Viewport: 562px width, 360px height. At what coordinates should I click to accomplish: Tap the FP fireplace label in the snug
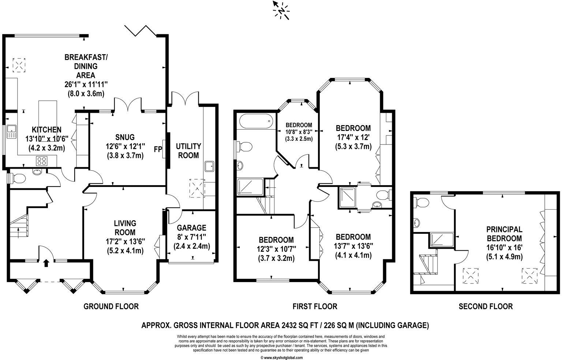158,149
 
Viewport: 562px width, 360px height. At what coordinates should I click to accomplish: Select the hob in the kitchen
42,160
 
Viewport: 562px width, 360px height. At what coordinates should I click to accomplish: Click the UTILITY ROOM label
188,151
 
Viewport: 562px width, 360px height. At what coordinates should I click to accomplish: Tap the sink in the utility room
210,166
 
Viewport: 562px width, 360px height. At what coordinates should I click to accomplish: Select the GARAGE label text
191,228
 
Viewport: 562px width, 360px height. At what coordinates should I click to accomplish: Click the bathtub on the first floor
254,120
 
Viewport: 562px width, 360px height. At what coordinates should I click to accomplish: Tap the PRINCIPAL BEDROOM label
504,234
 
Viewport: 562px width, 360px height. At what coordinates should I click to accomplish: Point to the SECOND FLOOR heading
486,306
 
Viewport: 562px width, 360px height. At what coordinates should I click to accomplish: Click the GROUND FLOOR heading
111,306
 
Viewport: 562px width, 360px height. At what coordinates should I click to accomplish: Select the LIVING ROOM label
125,228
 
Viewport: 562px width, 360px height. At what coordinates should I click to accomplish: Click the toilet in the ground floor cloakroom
18,179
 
